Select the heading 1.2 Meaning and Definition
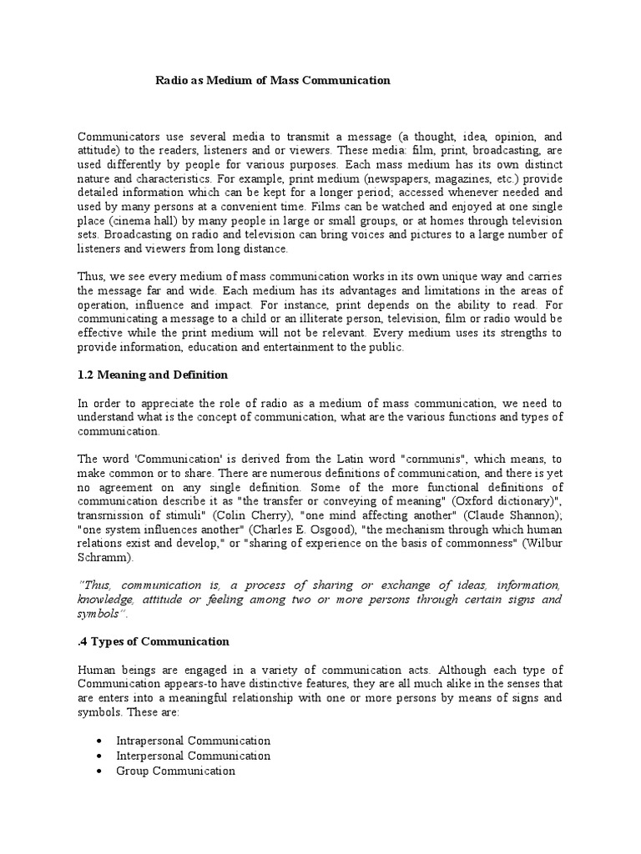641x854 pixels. [x=153, y=374]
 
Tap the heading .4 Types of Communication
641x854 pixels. [x=153, y=641]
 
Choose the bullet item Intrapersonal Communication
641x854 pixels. [x=194, y=741]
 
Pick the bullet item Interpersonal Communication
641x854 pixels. [x=194, y=756]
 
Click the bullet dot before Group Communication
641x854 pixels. [x=99, y=771]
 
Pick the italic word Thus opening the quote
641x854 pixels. [x=94, y=585]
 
